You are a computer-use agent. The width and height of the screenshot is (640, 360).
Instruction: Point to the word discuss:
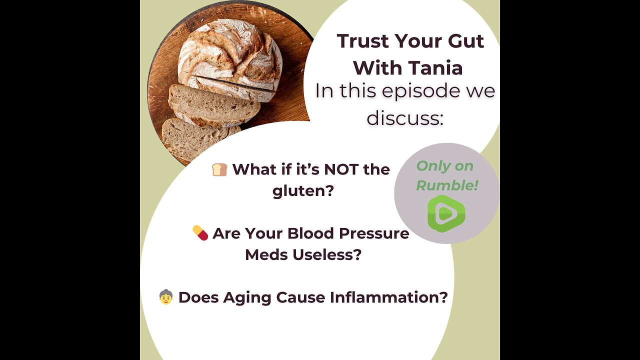405,118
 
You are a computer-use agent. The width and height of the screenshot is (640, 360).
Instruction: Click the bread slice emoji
219,169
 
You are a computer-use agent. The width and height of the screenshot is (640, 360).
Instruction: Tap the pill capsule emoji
200,233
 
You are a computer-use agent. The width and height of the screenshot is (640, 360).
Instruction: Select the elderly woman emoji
166,297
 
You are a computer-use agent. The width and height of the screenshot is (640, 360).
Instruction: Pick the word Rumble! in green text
447,185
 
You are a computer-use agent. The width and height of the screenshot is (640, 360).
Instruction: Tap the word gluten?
303,191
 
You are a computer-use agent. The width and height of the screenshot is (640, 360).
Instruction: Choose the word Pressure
374,233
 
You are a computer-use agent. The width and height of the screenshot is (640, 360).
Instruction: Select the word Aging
247,297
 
